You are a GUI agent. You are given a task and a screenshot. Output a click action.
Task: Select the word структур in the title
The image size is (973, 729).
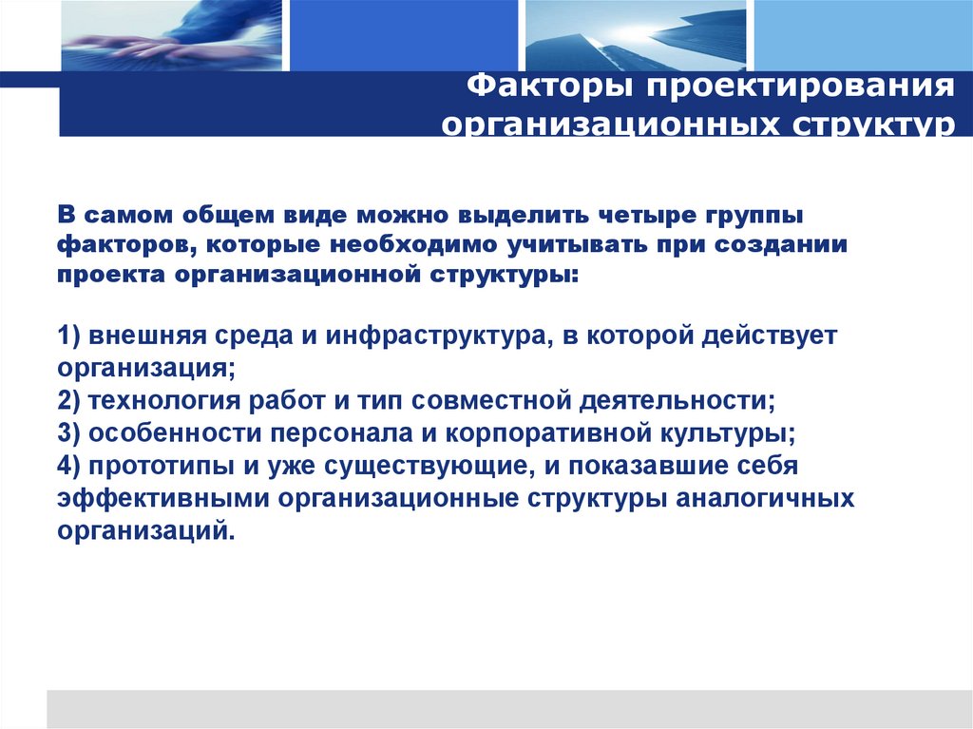pos(868,125)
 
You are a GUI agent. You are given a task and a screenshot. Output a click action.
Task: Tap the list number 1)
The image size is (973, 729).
pos(70,337)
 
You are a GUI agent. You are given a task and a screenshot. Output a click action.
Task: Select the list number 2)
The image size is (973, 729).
pos(70,399)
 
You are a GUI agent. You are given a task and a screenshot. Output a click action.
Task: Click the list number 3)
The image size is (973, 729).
pos(70,432)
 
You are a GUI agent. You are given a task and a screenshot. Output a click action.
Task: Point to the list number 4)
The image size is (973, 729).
pos(70,466)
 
